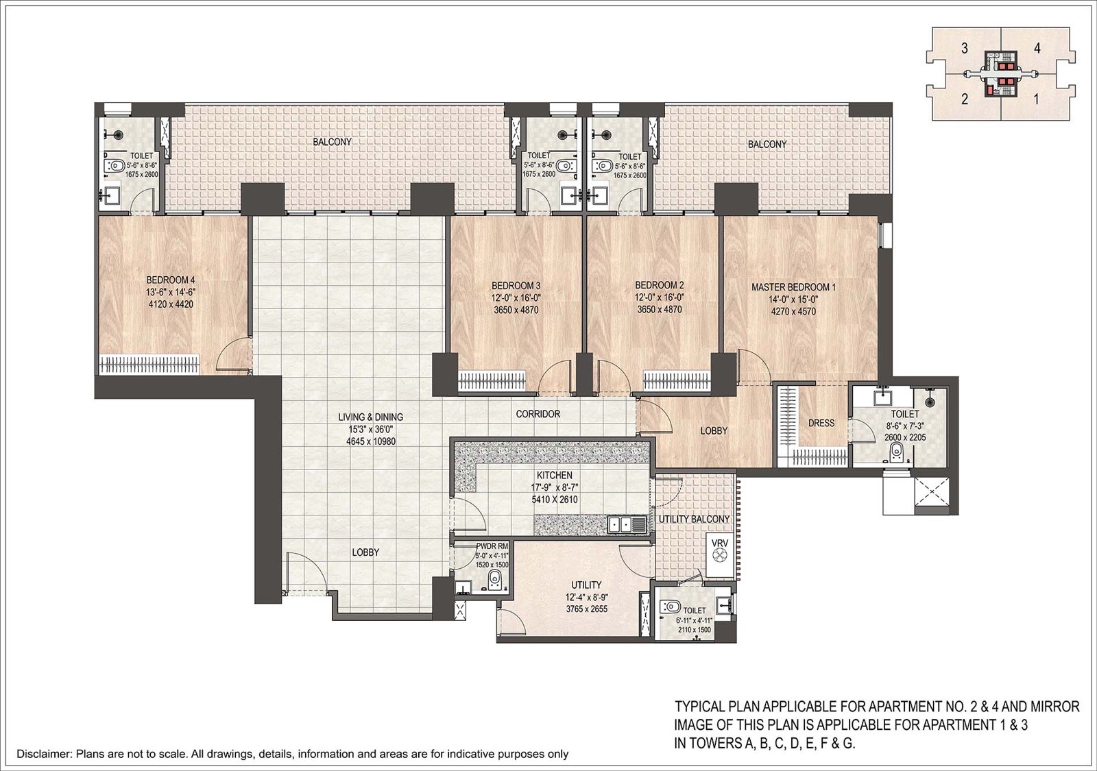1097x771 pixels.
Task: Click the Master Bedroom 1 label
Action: pos(793,287)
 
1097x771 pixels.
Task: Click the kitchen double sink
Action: pos(626,525)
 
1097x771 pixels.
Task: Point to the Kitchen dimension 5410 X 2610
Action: pos(555,500)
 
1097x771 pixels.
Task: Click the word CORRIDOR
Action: pos(538,414)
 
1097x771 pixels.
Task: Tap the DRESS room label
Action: pos(821,423)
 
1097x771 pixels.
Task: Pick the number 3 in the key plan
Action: pos(964,49)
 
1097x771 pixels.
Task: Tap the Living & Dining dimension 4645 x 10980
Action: pos(371,441)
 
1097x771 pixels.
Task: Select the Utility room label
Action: pos(586,585)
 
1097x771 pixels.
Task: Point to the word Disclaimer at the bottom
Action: pos(44,754)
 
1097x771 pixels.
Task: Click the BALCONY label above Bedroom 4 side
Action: pos(332,142)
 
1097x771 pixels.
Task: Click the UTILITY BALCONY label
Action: pos(694,519)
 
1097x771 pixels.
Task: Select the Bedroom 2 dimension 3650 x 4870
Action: pos(660,310)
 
